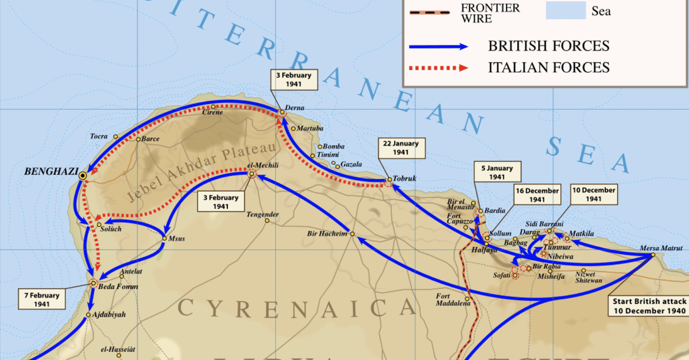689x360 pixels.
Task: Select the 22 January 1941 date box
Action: (x=401, y=148)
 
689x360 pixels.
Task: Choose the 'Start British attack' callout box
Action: (x=649, y=306)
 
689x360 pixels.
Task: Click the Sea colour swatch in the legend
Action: (x=566, y=10)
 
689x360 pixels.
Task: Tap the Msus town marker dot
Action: (x=165, y=238)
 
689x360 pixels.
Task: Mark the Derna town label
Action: (x=294, y=108)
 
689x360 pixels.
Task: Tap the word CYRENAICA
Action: (x=296, y=308)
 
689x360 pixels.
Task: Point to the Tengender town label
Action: (x=262, y=215)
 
